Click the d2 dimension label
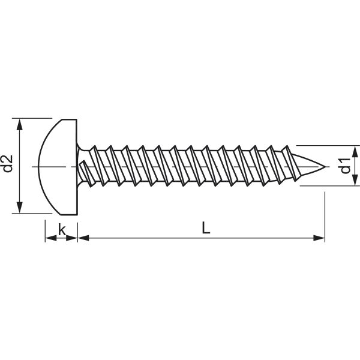[8, 164]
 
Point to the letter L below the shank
[206, 228]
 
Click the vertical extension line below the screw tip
[325, 216]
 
